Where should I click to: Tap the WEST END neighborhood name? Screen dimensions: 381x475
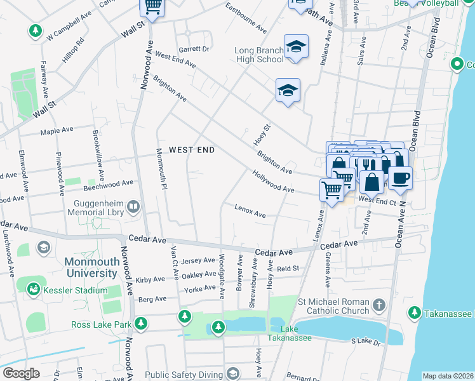(x=192, y=150)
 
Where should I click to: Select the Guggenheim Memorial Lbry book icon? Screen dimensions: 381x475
(x=133, y=206)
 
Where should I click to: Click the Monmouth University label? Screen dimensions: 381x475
(x=90, y=267)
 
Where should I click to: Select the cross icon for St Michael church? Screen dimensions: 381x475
(x=379, y=305)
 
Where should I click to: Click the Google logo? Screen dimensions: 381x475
(x=21, y=373)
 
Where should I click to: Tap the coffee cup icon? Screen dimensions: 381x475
(x=400, y=178)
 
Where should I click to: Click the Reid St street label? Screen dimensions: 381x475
(x=288, y=269)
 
